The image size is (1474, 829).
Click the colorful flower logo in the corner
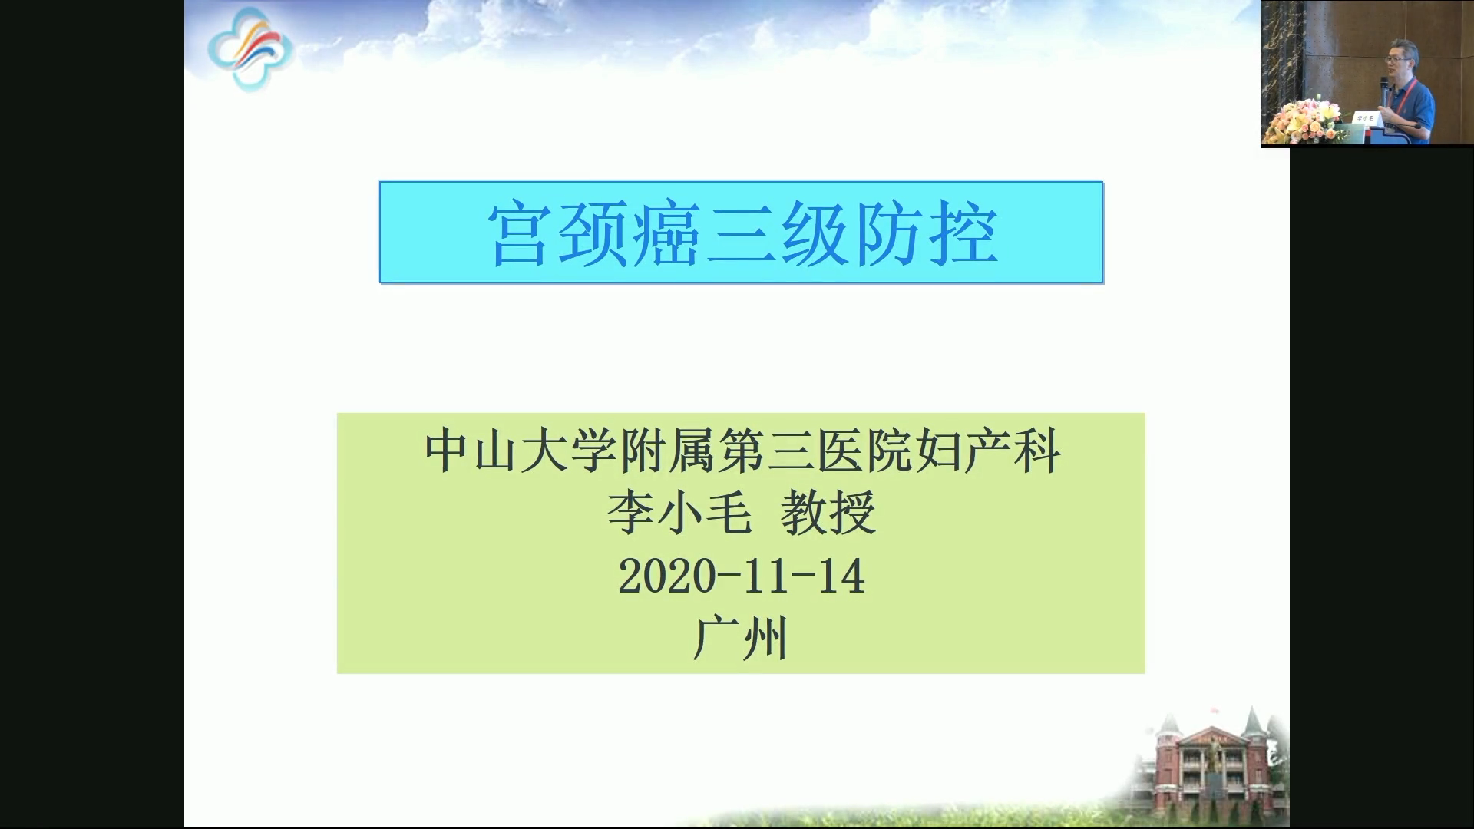pyautogui.click(x=250, y=49)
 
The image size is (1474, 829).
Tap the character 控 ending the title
pyautogui.click(x=963, y=234)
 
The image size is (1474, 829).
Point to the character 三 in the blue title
pyautogui.click(x=740, y=234)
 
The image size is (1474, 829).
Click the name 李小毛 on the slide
pyautogui.click(x=679, y=513)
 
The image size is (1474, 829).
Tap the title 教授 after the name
pyautogui.click(x=828, y=513)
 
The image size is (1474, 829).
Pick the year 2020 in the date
pyautogui.click(x=666, y=576)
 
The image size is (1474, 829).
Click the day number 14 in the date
pyautogui.click(x=841, y=576)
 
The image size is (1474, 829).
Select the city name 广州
pyautogui.click(x=740, y=639)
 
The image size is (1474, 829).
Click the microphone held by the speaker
pyautogui.click(x=1383, y=91)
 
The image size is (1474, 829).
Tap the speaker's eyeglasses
pyautogui.click(x=1395, y=59)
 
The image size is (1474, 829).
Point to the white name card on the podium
pyautogui.click(x=1365, y=118)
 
